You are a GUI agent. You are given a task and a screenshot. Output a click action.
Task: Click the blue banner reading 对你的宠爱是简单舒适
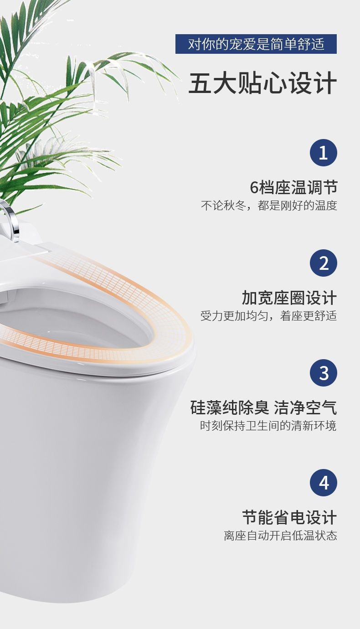pos(256,44)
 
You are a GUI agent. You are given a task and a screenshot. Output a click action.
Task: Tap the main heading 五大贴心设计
pos(262,83)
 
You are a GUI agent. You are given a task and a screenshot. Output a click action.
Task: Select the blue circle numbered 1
pos(323,153)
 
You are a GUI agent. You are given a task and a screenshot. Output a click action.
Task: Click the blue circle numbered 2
pos(323,263)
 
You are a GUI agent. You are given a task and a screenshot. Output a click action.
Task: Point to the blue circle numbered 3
pos(323,373)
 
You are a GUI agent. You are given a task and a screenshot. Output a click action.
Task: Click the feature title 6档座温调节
pos(293,187)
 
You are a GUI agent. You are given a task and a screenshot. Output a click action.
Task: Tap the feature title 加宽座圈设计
pos(289,298)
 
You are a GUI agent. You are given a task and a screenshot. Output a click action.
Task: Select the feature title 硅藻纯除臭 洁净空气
pos(263,407)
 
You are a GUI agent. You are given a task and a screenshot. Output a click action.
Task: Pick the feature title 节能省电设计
pos(289,518)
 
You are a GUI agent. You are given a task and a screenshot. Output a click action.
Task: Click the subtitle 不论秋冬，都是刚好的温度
pos(269,206)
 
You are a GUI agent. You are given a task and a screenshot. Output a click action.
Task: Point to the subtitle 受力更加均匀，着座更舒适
pos(269,316)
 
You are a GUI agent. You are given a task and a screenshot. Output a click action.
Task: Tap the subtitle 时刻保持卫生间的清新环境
pos(268,426)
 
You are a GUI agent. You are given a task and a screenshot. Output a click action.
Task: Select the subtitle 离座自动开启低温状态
pos(280,536)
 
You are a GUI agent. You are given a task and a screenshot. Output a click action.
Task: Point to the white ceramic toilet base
pos(91,479)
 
